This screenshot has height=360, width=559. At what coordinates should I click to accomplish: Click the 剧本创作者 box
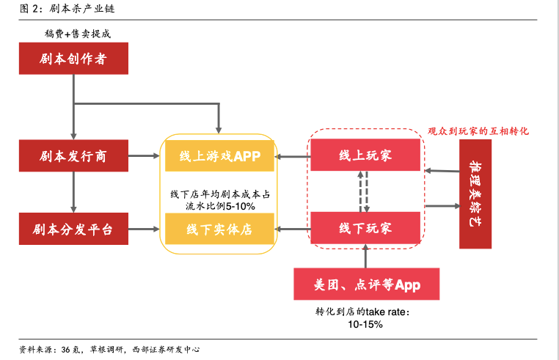[73, 59]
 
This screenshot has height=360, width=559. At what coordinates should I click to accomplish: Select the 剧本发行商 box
[73, 155]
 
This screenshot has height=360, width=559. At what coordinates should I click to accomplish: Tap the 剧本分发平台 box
[73, 229]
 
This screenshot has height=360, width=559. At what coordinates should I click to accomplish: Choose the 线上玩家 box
[365, 155]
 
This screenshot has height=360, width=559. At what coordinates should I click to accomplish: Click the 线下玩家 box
[365, 229]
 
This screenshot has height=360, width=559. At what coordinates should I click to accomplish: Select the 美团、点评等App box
[367, 284]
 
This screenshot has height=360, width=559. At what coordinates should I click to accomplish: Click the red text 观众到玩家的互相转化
[478, 131]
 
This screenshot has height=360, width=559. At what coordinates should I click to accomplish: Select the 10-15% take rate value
[365, 324]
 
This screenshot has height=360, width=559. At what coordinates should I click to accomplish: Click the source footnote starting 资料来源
[110, 349]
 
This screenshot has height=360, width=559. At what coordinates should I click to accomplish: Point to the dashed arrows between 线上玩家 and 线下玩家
[365, 191]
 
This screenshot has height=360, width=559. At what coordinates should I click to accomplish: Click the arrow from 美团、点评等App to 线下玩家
[365, 257]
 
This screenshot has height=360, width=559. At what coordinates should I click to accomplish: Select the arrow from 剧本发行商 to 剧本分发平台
[73, 192]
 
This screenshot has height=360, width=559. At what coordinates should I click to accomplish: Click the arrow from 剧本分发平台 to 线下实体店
[145, 229]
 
